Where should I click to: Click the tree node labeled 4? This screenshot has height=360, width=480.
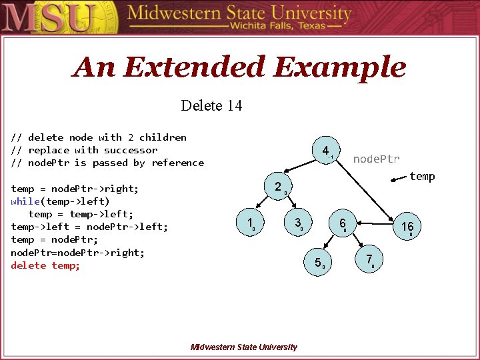(325, 151)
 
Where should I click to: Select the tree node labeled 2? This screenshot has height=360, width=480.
(278, 187)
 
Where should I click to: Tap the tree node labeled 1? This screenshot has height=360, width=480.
(249, 223)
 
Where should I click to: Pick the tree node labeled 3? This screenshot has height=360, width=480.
(299, 222)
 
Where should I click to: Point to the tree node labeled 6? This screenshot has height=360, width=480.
(342, 223)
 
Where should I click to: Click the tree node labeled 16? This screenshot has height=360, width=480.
(407, 227)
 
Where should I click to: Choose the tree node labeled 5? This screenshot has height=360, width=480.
(318, 262)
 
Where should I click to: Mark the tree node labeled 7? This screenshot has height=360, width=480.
(369, 259)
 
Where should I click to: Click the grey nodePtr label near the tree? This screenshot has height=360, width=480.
(376, 159)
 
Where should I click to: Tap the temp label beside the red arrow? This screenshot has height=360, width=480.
(422, 176)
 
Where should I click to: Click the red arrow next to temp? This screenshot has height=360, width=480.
(399, 178)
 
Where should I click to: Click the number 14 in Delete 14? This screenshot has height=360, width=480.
(234, 105)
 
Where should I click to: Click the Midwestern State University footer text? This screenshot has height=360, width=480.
(243, 347)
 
